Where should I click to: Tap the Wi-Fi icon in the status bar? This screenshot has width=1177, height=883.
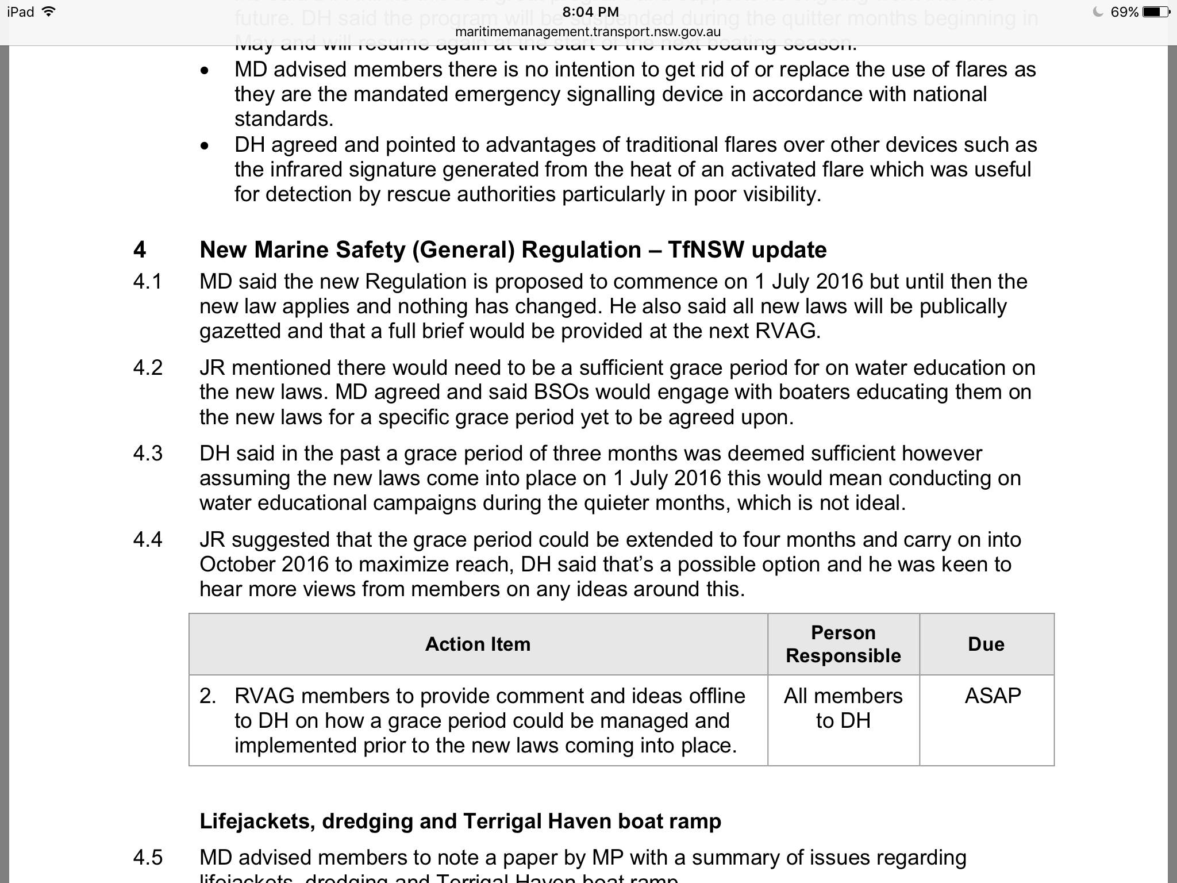[x=49, y=11]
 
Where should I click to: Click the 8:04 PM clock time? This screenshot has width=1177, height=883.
[x=590, y=11]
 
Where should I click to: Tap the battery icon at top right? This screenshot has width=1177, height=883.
[x=1156, y=11]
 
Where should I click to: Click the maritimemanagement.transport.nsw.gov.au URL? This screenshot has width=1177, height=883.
[x=587, y=32]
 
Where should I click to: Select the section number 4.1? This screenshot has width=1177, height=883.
[x=148, y=282]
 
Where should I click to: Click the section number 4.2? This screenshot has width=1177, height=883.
[x=148, y=368]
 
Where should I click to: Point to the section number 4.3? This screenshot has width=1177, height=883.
[x=148, y=454]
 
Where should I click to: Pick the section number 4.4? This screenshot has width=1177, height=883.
[x=148, y=540]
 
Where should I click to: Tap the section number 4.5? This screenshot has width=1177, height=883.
[x=148, y=858]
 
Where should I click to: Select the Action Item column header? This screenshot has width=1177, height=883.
[x=478, y=644]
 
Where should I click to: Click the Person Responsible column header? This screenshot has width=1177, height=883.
[x=843, y=644]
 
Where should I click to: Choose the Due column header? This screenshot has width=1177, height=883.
[x=986, y=644]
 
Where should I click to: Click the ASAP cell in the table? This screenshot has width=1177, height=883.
[x=993, y=696]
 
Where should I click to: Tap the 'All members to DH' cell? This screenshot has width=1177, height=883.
[x=843, y=708]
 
